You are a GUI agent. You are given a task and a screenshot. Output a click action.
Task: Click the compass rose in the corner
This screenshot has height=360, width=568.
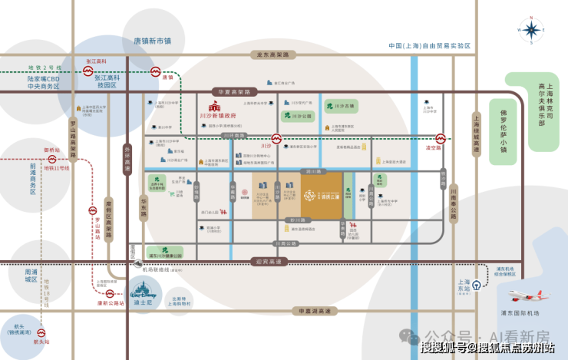click(530, 31)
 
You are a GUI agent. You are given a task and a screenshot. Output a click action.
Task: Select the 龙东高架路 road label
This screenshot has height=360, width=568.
click(272, 55)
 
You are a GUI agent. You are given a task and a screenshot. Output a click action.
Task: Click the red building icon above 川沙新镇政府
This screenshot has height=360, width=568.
click(216, 108)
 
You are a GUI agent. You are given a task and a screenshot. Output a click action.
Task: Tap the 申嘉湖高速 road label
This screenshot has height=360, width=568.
click(315, 311)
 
